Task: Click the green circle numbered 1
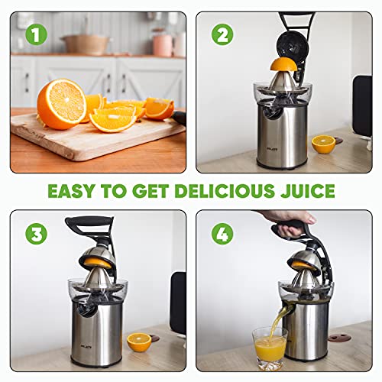32,34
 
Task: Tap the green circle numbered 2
222,34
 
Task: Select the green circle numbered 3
32,233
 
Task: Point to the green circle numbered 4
222,233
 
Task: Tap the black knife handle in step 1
179,117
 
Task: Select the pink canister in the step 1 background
161,44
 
